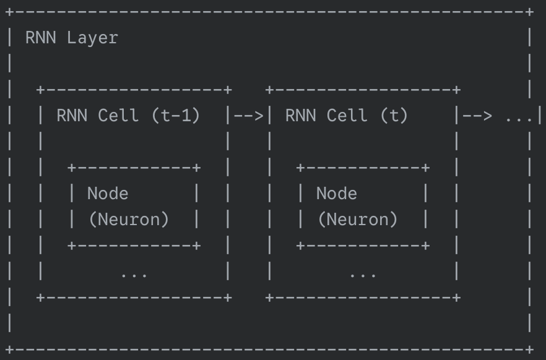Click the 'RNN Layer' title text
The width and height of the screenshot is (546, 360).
(x=71, y=38)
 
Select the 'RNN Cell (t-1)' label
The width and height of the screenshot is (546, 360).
(x=128, y=116)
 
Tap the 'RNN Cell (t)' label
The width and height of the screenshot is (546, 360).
(x=346, y=116)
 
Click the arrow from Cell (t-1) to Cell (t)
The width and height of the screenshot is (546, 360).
(x=249, y=116)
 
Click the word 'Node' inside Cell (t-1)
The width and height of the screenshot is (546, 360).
(x=108, y=194)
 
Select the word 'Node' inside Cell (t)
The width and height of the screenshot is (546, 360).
(x=336, y=194)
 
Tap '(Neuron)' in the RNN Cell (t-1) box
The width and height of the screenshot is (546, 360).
(x=128, y=220)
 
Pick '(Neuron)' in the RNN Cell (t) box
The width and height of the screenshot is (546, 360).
(x=357, y=220)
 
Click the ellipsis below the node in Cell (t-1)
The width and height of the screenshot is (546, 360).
(x=134, y=273)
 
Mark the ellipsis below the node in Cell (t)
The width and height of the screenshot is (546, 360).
(x=362, y=273)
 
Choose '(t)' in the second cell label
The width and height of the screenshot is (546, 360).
(x=394, y=116)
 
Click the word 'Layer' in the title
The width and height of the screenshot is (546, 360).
(x=92, y=38)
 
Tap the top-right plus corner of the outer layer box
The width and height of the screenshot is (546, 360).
(x=529, y=12)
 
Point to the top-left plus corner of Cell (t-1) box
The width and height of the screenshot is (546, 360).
(x=41, y=90)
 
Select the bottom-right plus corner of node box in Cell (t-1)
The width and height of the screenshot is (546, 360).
(x=197, y=246)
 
